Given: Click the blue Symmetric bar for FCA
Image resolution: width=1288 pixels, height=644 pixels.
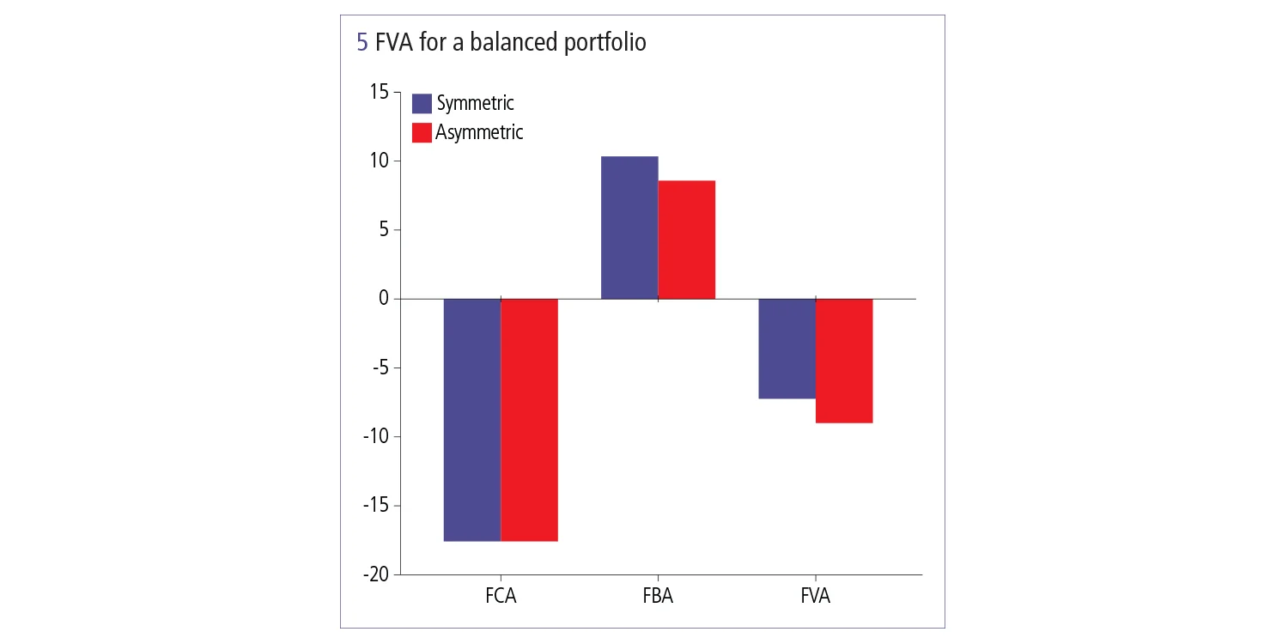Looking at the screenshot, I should (x=472, y=419).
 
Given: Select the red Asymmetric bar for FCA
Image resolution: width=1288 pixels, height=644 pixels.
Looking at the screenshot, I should (x=529, y=419).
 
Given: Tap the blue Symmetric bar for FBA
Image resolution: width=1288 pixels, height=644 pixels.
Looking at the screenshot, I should (x=629, y=228).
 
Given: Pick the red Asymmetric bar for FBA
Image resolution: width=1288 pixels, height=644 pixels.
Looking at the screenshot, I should (x=686, y=240).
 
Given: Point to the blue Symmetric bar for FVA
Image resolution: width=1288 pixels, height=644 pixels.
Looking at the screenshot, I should (x=787, y=349).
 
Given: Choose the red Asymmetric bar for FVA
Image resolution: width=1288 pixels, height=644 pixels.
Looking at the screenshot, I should (x=844, y=361).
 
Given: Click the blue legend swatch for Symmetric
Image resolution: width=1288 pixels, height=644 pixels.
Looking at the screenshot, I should (x=422, y=104).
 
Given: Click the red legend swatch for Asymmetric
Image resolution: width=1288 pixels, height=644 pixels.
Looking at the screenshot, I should (x=422, y=133).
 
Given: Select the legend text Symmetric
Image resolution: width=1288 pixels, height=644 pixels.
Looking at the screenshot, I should (x=475, y=104).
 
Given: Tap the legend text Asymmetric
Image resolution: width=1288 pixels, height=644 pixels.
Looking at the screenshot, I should (x=479, y=133).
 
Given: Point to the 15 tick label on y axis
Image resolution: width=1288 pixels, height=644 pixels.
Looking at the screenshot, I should (x=379, y=92).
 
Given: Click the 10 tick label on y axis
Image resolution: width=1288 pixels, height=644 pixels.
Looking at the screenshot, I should (x=379, y=161).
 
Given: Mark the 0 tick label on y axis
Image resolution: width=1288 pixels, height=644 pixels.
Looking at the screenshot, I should (x=384, y=299).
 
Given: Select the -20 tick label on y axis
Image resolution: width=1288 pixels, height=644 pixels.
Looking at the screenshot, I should (x=374, y=574).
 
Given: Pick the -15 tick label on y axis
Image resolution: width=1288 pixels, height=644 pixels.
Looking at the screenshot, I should (x=374, y=506).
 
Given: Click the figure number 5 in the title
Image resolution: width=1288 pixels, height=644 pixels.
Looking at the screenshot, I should (x=362, y=43).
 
